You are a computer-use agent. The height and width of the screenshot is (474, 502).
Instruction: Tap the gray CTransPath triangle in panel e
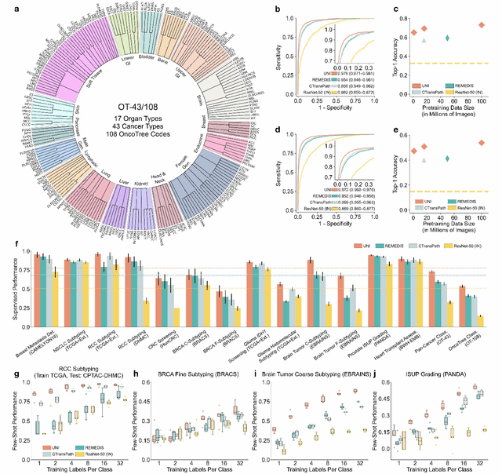(424, 160)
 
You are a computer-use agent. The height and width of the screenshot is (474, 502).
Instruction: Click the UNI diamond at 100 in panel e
(482, 143)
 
